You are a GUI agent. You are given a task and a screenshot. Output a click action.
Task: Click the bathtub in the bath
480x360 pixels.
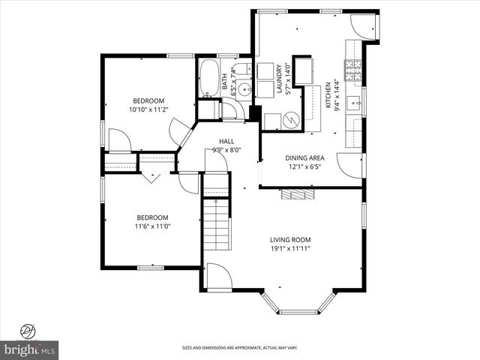coord(208,78)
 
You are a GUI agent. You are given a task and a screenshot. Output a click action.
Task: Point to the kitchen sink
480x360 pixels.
coord(355,102)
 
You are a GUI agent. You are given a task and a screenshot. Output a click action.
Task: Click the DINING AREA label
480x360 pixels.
coord(304,157)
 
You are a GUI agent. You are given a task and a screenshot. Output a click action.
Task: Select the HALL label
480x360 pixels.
coord(226,141)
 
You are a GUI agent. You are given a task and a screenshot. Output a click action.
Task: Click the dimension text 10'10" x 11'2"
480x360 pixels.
coord(148,109)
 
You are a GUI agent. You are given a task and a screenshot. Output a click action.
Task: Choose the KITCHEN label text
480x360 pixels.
coord(328,96)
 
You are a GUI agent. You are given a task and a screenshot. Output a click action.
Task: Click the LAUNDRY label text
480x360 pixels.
coord(278,78)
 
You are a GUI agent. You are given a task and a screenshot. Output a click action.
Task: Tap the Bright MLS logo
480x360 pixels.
coord(30,349)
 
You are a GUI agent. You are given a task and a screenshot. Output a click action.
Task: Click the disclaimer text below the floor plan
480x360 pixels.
coord(239,347)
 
